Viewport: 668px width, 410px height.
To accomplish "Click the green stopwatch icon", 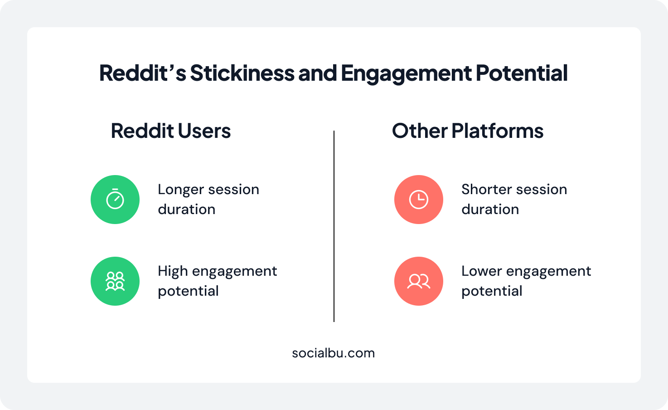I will (x=115, y=200).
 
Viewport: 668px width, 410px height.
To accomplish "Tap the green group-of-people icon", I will (x=115, y=281).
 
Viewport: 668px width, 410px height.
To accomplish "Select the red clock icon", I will (x=418, y=200).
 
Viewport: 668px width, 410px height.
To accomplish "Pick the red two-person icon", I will (x=418, y=281).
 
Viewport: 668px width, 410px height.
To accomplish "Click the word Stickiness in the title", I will (x=242, y=73).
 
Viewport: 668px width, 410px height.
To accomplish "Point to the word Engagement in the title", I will (x=406, y=73).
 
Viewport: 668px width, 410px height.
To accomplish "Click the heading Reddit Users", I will (x=171, y=131).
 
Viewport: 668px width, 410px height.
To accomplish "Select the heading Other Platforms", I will (x=467, y=131).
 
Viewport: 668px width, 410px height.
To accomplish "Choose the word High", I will (x=172, y=271).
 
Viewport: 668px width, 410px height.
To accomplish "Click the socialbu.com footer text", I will (x=334, y=353).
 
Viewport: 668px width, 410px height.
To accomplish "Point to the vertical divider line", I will (x=334, y=227).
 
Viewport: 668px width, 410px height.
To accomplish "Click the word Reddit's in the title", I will (x=142, y=73).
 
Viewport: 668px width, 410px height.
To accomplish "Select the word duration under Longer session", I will (x=187, y=210).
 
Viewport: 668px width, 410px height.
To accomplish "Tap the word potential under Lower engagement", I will (x=492, y=291).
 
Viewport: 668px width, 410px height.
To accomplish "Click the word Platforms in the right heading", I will (x=497, y=131).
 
